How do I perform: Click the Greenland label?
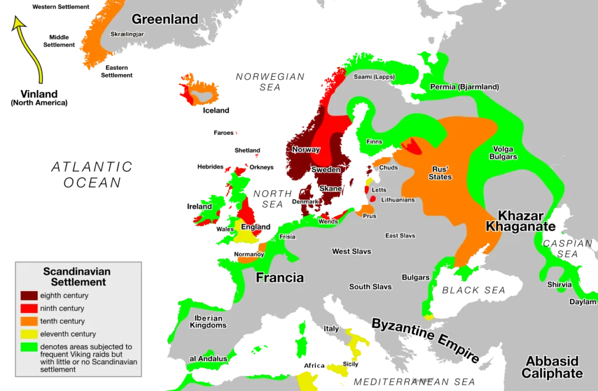(165, 19)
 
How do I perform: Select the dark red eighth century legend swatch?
(29, 295)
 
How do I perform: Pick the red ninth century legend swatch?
(29, 308)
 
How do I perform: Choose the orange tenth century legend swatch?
(29, 321)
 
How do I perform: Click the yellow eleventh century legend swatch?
(29, 334)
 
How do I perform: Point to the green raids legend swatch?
(29, 347)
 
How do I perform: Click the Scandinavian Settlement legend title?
(77, 277)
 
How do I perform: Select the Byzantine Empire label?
(426, 341)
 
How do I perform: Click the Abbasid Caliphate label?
(552, 367)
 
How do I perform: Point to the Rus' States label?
(440, 173)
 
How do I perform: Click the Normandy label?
(249, 254)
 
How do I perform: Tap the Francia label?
(280, 278)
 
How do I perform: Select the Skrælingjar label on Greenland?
(127, 34)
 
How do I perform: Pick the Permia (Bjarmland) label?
(464, 87)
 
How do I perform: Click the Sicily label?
(350, 364)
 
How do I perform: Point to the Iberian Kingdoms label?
(207, 322)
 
